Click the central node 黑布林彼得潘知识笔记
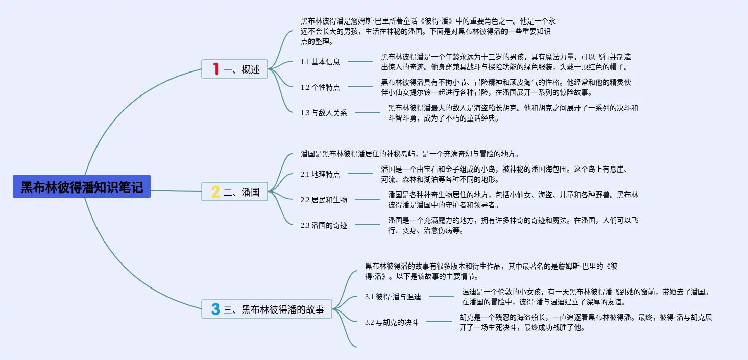point(82,187)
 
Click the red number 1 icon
point(215,69)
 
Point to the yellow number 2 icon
point(215,192)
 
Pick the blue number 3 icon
point(215,309)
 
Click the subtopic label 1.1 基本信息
point(320,62)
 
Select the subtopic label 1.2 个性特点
point(320,87)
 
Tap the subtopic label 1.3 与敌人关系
point(324,113)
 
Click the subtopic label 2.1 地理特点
point(320,174)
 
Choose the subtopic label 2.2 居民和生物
point(324,200)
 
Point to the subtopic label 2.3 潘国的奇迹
point(324,225)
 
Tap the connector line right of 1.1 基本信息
point(360,61)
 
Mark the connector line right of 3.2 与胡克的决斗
point(439,322)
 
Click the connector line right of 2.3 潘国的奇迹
point(368,225)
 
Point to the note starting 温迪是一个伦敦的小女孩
point(586,297)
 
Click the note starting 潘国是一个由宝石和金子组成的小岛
point(506,174)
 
